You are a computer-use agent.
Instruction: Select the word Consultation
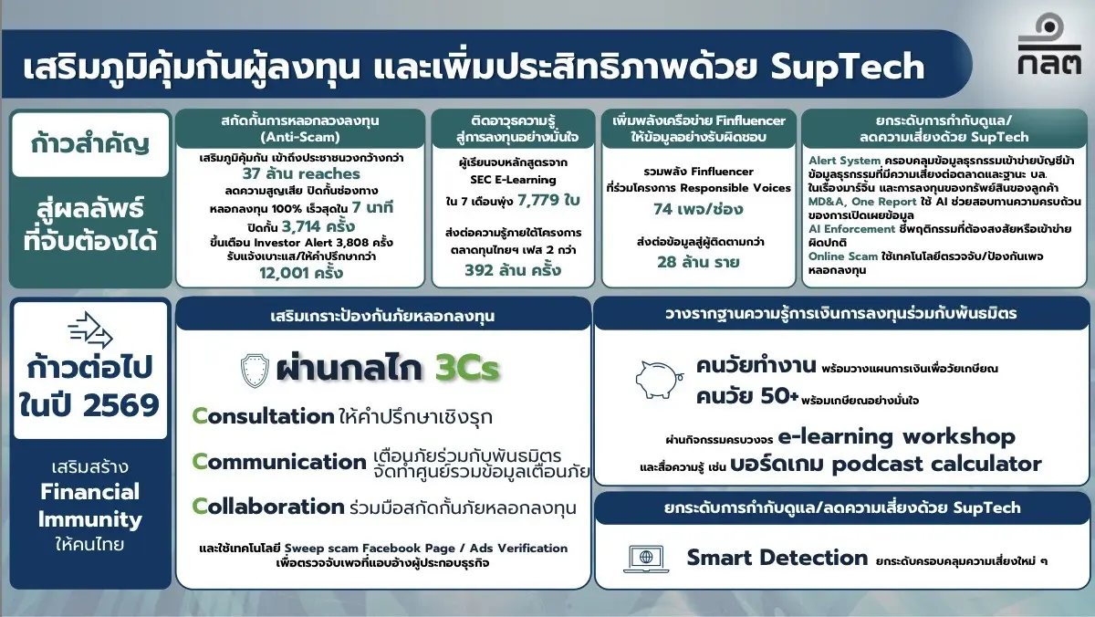(263, 416)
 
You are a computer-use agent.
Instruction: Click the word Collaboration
(267, 507)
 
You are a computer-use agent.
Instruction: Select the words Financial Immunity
(90, 506)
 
